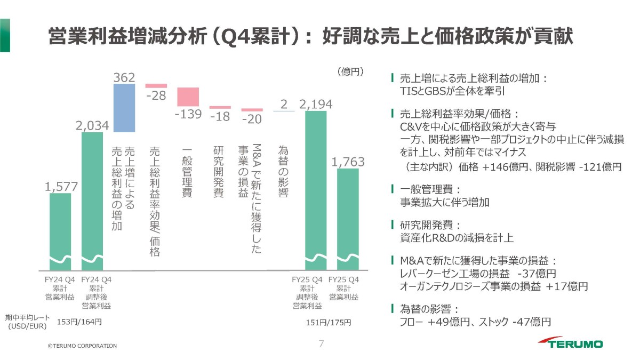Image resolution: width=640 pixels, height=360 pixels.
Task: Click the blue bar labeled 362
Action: [124, 108]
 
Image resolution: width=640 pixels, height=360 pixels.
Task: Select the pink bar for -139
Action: [188, 97]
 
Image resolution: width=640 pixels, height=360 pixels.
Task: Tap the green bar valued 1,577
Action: [60, 231]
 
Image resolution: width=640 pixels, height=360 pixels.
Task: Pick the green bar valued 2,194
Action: [316, 190]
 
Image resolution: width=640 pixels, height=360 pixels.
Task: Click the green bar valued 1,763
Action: [348, 219]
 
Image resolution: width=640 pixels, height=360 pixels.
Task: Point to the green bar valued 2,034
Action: [92, 201]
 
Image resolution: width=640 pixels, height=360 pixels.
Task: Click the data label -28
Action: [156, 95]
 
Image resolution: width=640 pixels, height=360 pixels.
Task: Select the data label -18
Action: [220, 117]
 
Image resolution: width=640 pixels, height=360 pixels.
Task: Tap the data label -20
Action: [252, 119]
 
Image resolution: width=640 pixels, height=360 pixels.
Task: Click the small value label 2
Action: [284, 105]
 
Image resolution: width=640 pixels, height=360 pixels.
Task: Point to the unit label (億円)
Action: [350, 71]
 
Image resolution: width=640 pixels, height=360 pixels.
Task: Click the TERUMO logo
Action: [570, 342]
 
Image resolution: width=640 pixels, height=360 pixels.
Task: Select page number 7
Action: [322, 343]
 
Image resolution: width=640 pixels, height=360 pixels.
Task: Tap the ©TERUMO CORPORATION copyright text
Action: [82, 346]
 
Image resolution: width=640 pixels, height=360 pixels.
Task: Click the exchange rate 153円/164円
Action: [79, 322]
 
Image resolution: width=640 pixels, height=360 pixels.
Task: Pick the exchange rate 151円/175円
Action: [329, 323]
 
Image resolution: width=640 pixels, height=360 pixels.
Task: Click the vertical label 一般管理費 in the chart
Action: [187, 172]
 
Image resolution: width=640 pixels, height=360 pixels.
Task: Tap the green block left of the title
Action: [5, 35]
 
